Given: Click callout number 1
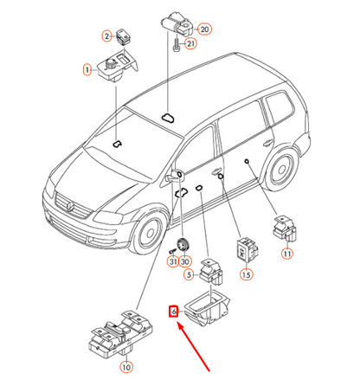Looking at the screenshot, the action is (x=87, y=70).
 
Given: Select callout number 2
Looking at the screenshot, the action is (x=107, y=36).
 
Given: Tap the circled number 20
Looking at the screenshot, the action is (x=204, y=29).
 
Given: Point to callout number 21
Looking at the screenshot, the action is (x=190, y=43).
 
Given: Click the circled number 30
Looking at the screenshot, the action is (x=184, y=261).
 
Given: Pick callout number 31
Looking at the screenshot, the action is (x=173, y=261).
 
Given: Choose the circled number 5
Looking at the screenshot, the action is (x=189, y=274).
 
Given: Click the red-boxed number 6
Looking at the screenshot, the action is (x=173, y=312).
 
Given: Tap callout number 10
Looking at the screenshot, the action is (x=126, y=367).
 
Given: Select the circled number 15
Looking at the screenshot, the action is (x=246, y=274).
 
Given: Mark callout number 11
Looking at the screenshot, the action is (x=287, y=254).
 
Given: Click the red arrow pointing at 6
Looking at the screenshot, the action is (x=193, y=346).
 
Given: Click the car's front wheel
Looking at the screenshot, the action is (x=150, y=233).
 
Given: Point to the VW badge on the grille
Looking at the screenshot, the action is (x=70, y=206).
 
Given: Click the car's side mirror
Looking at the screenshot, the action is (x=173, y=177).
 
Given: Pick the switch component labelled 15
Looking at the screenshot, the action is (x=247, y=248).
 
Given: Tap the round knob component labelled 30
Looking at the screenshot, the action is (x=183, y=246).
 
